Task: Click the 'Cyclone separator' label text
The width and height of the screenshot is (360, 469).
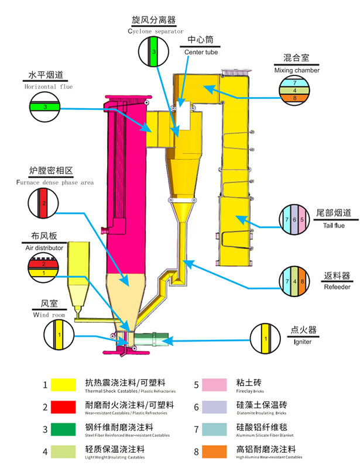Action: click(x=155, y=31)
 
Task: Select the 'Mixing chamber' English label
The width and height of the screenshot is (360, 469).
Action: click(x=297, y=70)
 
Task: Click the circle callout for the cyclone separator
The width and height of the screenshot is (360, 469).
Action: click(x=153, y=53)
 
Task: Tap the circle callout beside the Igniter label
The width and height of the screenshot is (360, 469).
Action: click(x=266, y=339)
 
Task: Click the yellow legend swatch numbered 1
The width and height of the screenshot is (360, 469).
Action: click(x=66, y=384)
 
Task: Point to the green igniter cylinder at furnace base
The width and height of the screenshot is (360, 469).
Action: click(x=153, y=339)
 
